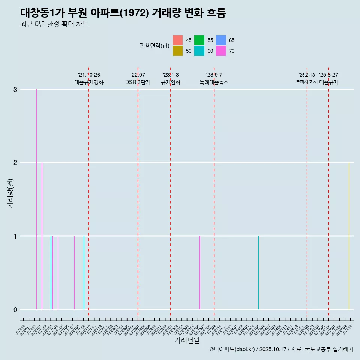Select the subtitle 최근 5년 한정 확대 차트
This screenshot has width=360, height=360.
pos(54,24)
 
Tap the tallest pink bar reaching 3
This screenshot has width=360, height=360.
pos(36,199)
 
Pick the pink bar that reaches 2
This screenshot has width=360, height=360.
pos(42,236)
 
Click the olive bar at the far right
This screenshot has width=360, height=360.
pos(349,236)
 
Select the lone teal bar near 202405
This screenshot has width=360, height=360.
pos(258,273)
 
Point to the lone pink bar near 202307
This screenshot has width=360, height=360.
pos(200,273)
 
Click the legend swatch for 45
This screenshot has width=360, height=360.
pos(178,40)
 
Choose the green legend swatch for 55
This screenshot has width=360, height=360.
pos(199,40)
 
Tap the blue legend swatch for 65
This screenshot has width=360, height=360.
pos(221,40)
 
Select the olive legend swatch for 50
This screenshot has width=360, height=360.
pos(178,51)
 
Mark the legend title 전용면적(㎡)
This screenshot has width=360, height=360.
pos(154,46)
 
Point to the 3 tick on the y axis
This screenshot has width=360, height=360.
pos(15,89)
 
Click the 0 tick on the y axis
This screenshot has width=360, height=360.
pos(15,309)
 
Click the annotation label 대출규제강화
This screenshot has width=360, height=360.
pos(89,82)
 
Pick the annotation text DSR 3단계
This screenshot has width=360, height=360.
pos(138,82)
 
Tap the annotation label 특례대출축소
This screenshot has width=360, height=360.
pos(214,82)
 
